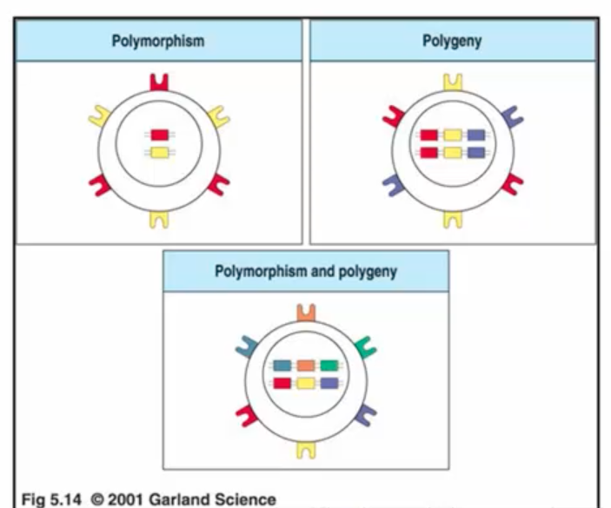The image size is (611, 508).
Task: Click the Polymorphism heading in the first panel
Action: (x=157, y=40)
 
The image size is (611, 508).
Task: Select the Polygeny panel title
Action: (x=452, y=40)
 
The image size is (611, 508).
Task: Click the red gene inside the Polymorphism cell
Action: (x=158, y=135)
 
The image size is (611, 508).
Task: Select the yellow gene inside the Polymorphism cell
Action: (x=158, y=153)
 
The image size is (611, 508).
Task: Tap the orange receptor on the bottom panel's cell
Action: (x=304, y=313)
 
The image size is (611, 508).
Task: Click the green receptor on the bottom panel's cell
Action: (x=364, y=350)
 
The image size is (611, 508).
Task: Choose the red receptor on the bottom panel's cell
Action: (x=245, y=415)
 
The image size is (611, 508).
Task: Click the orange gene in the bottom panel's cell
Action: (x=305, y=366)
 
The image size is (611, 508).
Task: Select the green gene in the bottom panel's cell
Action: (x=329, y=366)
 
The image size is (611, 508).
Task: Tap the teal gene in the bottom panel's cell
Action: (x=282, y=366)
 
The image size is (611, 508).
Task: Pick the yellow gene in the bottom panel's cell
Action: (x=305, y=383)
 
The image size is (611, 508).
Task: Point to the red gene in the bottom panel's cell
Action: (x=282, y=383)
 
